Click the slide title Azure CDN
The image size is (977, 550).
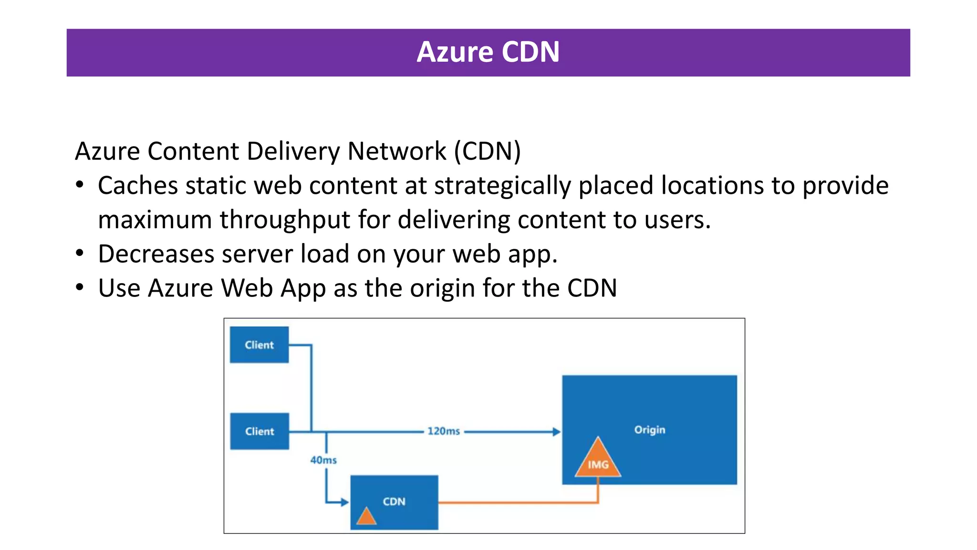[488, 52]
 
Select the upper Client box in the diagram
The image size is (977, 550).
[259, 345]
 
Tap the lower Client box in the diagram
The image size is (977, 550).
[260, 431]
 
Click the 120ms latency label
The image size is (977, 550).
[444, 431]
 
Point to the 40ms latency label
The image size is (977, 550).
[323, 460]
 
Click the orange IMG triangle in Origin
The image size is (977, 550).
[598, 461]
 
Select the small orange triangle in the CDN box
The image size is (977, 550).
[366, 517]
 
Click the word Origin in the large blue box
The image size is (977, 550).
[649, 430]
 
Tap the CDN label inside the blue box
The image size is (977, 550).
[394, 501]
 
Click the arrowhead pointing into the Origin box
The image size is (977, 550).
[556, 432]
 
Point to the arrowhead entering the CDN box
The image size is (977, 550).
[345, 502]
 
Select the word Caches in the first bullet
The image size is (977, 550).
[138, 185]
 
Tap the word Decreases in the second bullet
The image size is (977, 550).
[156, 254]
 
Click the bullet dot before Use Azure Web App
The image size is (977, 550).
[80, 287]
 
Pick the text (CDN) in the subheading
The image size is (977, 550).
[487, 151]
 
